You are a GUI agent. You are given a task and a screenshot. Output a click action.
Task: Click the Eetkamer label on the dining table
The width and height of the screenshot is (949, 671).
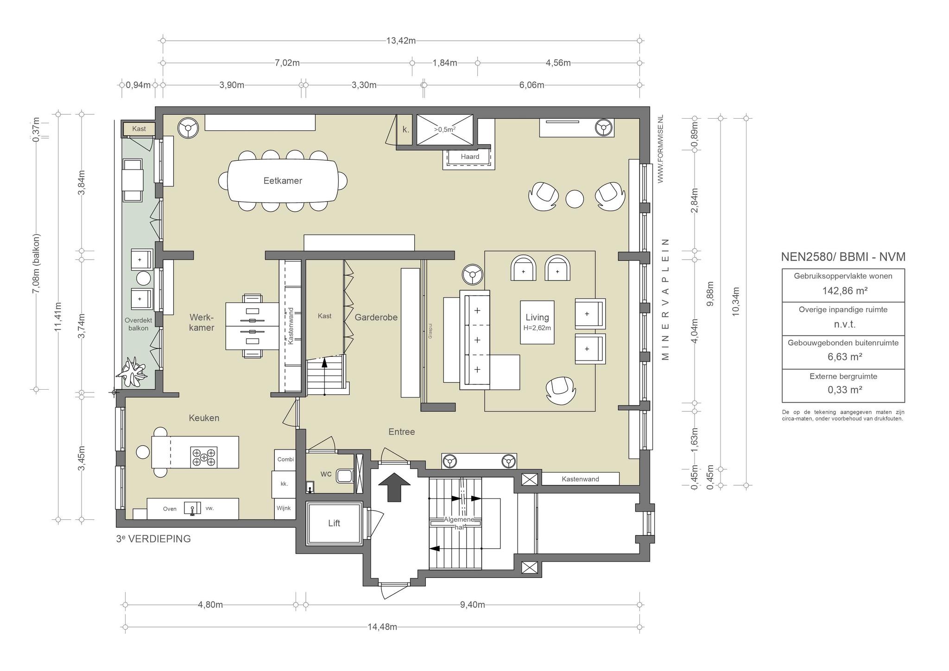click(283, 181)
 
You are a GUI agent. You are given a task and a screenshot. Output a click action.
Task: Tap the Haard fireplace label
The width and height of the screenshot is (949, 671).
click(470, 157)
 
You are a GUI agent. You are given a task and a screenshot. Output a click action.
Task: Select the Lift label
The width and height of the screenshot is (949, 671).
click(334, 523)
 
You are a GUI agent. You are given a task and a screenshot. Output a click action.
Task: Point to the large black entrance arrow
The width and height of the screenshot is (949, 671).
click(394, 487)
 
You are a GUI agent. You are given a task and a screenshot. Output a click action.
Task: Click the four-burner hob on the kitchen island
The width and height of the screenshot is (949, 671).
click(204, 456)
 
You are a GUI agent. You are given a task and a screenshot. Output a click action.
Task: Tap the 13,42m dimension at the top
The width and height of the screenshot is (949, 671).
click(401, 40)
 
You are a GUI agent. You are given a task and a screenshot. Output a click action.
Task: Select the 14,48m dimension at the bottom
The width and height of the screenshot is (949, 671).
click(382, 627)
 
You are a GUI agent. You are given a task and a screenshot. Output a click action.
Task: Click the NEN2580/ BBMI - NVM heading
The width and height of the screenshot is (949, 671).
click(843, 257)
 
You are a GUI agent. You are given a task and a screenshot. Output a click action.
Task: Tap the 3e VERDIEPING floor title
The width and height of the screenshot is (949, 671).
click(153, 539)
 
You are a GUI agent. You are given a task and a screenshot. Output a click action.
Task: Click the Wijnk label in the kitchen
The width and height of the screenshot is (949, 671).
click(284, 508)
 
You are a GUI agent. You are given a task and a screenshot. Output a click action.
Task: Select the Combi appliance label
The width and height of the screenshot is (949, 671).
click(285, 460)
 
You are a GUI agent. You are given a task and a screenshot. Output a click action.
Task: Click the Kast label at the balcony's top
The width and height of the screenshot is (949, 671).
click(139, 128)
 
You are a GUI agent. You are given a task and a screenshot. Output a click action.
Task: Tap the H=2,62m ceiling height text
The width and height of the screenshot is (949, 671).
click(537, 328)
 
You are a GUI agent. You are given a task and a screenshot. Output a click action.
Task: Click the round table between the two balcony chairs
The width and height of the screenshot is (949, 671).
click(143, 278)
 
